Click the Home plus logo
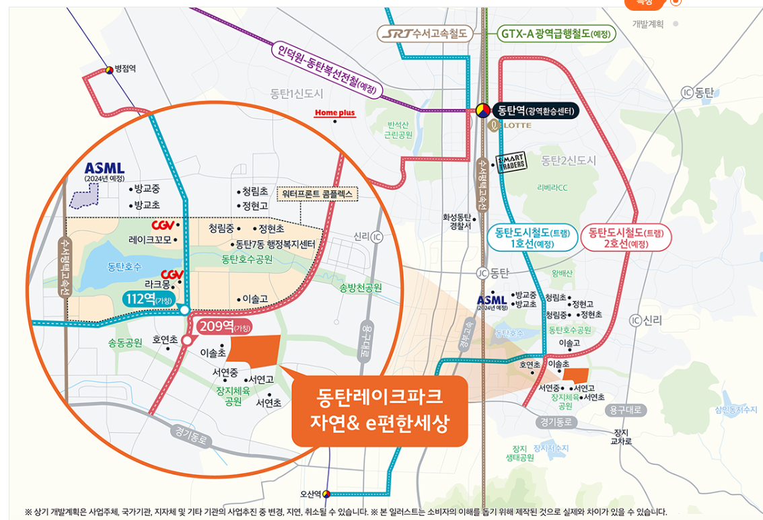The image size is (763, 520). tap(334, 114)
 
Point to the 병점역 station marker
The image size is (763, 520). tap(110, 69)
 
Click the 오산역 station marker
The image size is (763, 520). tap(326, 494)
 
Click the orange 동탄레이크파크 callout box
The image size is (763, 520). tap(379, 410)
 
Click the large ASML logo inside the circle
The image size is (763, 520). tap(105, 168)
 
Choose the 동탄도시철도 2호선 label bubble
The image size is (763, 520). tap(626, 238)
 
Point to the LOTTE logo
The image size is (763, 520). tap(514, 126)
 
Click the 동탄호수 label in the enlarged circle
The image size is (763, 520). tap(124, 267)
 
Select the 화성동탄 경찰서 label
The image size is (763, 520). tap(456, 221)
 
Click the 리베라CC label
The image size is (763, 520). tap(552, 188)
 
